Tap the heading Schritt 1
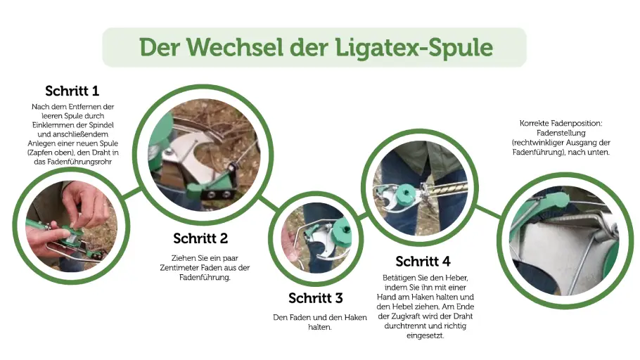(72, 91)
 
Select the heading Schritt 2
(200, 238)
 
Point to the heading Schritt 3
(316, 298)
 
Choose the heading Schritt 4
(423, 262)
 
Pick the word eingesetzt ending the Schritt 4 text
(422, 335)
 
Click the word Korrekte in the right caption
(537, 124)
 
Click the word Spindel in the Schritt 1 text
(101, 124)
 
